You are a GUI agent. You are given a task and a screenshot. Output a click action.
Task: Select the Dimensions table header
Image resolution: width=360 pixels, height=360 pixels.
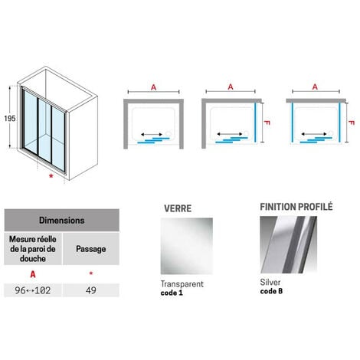[63, 220]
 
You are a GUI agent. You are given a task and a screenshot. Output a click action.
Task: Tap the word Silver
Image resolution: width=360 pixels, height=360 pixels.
[270, 281]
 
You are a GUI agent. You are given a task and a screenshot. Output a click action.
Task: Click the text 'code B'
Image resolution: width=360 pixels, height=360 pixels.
[272, 291]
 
